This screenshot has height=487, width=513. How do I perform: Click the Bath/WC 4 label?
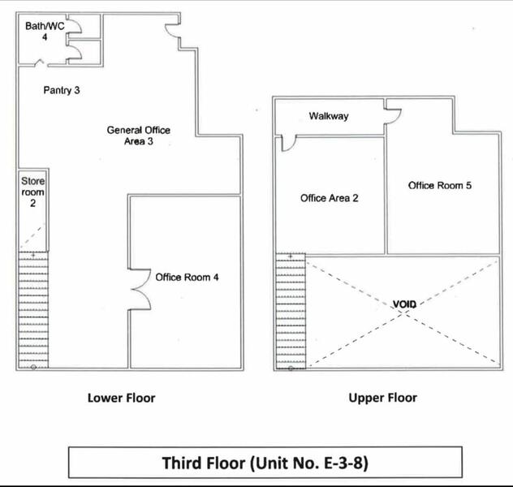coord(45,32)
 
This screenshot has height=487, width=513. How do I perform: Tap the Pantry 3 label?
coord(62,90)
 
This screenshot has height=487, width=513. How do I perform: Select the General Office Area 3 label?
coord(138,136)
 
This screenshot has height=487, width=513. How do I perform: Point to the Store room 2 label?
coord(32,192)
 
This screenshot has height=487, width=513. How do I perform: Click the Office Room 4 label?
coord(187,278)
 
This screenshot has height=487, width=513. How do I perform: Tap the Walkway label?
coord(329,116)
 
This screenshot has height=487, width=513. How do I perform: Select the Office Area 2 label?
coord(329,198)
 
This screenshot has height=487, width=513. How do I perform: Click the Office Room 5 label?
coord(440,185)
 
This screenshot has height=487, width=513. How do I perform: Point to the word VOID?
coord(404,304)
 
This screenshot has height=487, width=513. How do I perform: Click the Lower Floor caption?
coord(122,398)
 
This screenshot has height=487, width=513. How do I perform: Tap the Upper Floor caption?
coord(383,398)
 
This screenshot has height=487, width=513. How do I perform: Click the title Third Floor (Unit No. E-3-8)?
coord(265,463)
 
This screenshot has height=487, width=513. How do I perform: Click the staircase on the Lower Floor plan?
coord(33,310)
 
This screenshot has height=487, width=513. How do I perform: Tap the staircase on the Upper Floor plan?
coord(291,311)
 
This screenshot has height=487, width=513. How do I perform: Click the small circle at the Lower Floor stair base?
coord(33,368)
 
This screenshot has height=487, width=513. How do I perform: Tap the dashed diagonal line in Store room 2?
coord(32,236)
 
